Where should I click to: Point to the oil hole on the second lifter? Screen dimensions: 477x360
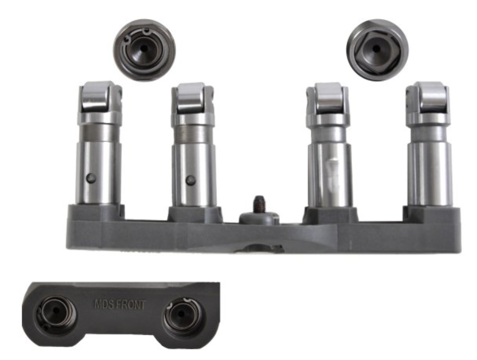[x=190, y=180]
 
